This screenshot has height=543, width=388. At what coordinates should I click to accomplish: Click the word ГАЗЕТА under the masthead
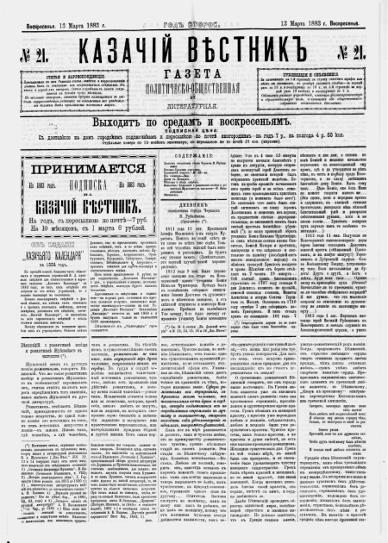pos(194,67)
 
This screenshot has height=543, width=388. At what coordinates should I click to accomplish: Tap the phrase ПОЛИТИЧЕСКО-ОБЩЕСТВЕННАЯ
pos(194,83)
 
